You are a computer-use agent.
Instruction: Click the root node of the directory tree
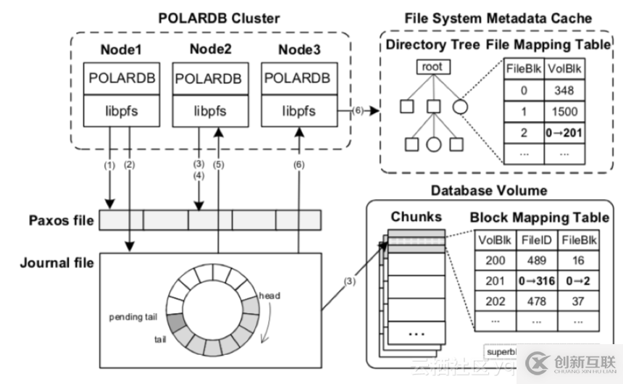click(432, 68)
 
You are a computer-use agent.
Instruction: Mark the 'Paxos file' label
click(62, 220)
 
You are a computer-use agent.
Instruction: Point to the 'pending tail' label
click(135, 317)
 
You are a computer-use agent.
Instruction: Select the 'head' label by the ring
click(269, 296)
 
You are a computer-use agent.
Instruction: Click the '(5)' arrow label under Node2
click(219, 165)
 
